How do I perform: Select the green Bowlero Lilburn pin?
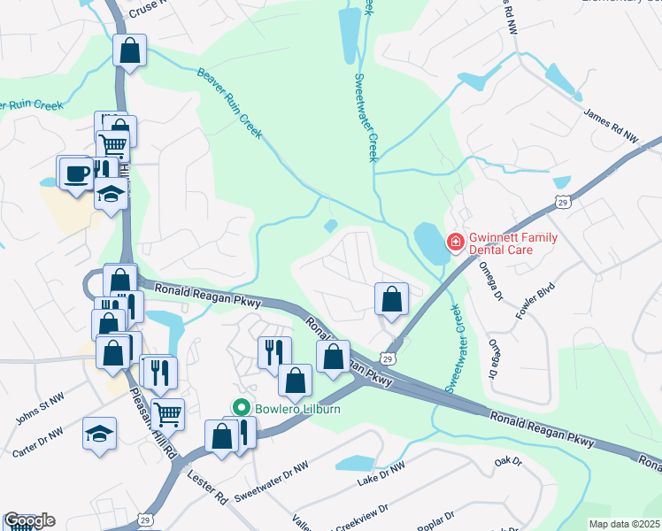pyautogui.click(x=239, y=408)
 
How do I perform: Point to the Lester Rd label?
pyautogui.click(x=207, y=489)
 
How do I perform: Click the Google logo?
pyautogui.click(x=29, y=520)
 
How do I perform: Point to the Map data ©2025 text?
pyautogui.click(x=624, y=524)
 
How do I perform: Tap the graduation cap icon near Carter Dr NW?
pyautogui.click(x=99, y=433)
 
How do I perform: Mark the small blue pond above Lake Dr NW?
pyautogui.click(x=355, y=463)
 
